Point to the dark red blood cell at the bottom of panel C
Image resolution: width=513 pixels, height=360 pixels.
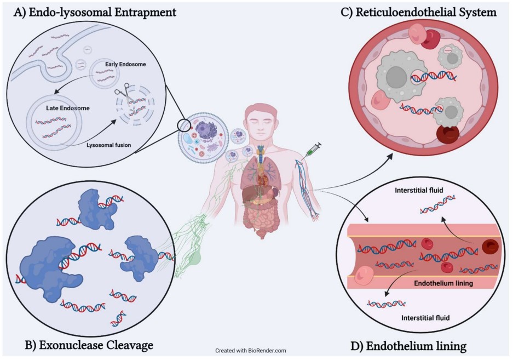[448, 134]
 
